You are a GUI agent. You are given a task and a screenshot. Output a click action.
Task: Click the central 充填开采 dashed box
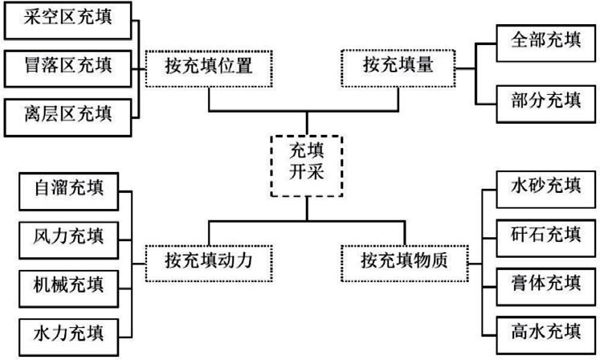click(306, 165)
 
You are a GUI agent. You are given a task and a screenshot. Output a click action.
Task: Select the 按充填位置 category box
click(209, 67)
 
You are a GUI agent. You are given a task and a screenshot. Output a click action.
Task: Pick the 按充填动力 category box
click(209, 260)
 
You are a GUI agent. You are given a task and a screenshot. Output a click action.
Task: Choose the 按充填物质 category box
click(404, 260)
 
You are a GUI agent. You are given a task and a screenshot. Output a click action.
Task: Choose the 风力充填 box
click(69, 237)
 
